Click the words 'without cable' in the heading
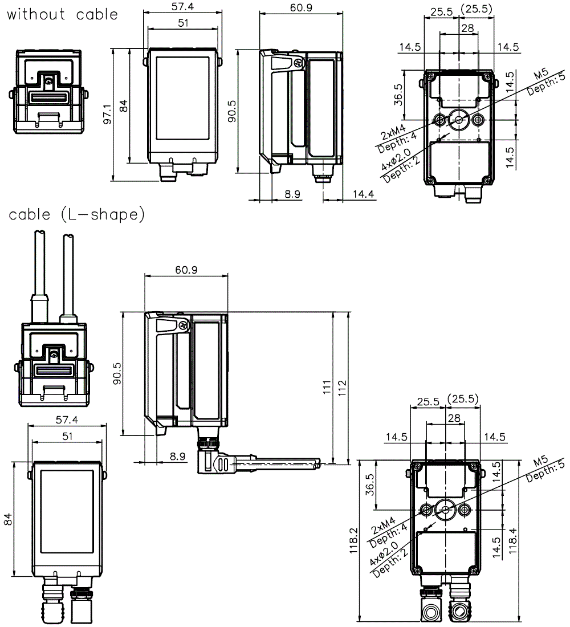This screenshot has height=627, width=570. [x=62, y=14]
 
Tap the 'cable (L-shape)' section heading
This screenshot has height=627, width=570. [x=76, y=215]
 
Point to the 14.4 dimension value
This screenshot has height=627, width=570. [x=363, y=194]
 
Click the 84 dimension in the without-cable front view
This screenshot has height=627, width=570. [x=124, y=105]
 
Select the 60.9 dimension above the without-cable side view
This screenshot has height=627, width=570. [x=301, y=7]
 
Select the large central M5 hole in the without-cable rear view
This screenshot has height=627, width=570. [x=458, y=119]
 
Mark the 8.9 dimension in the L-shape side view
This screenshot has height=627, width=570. [x=177, y=457]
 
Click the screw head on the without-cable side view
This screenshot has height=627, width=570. [x=297, y=63]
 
